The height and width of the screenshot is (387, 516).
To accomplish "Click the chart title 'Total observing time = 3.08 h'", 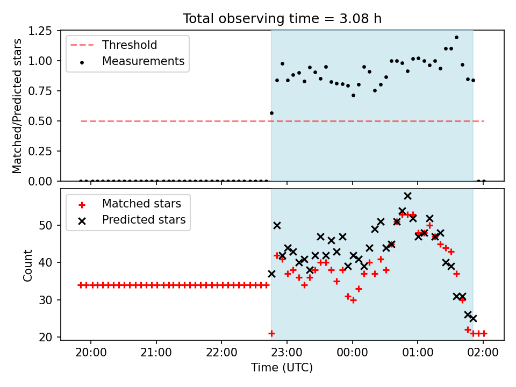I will (x=282, y=19).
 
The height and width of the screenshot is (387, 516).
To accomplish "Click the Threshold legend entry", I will (x=129, y=45).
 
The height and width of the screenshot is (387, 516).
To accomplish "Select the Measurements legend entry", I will (x=143, y=61).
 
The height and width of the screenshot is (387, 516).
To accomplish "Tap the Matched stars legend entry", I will (x=141, y=204).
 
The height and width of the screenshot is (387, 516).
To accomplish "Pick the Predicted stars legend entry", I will (x=144, y=220).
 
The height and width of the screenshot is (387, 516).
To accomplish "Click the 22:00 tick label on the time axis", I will (x=221, y=355).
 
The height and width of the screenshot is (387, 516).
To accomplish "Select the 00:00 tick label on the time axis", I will (x=353, y=355).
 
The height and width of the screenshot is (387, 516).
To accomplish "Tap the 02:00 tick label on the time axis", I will (x=483, y=355).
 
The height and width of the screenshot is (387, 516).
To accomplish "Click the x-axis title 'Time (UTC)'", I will (x=282, y=368).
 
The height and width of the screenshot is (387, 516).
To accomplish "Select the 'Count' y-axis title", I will (x=27, y=265).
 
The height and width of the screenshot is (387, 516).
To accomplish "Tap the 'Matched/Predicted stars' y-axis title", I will (x=18, y=106).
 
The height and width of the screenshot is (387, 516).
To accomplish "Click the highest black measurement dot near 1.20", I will (x=456, y=38).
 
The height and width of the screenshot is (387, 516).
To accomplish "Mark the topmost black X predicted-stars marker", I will (x=407, y=196).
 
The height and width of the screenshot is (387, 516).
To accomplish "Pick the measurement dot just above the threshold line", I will (x=271, y=113).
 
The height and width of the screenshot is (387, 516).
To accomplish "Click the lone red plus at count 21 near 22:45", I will (x=271, y=334).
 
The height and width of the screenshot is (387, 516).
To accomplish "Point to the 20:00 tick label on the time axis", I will (x=91, y=355).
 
